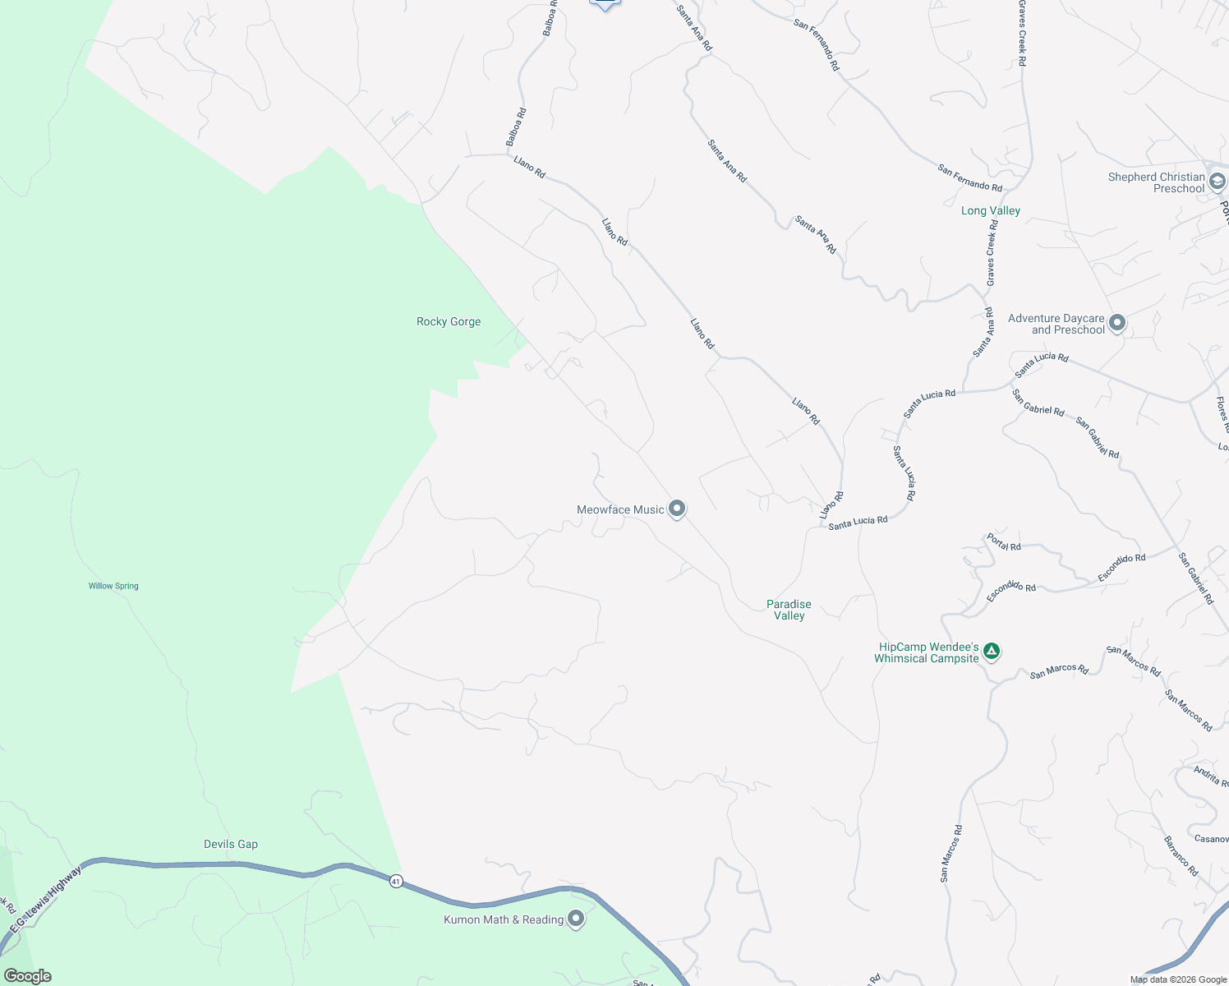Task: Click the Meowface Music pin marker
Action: coord(676,509)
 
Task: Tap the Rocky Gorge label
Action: coord(449,321)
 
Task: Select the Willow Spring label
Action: coord(113,586)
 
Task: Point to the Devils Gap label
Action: coord(231,844)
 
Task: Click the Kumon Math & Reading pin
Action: coord(576,919)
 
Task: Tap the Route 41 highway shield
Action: coord(397,881)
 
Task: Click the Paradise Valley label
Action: coord(789,610)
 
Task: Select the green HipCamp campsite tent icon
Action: coord(992,652)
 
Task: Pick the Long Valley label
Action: coord(991,210)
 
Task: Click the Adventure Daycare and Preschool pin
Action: coord(1116,323)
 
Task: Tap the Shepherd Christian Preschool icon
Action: coord(1217,181)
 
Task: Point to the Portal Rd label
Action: coord(1004,542)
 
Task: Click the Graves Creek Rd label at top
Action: coord(1022,33)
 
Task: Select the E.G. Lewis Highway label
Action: coord(46,898)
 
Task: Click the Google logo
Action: coord(28,976)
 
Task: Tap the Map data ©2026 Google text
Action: coord(1178,979)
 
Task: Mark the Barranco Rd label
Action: coord(1181,855)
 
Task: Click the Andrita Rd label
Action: coord(1211,776)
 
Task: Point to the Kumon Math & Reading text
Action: coord(504,919)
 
